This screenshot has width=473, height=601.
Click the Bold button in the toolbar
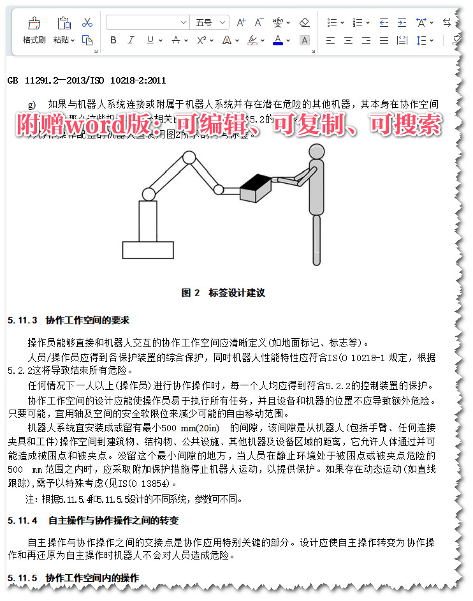[x=113, y=40]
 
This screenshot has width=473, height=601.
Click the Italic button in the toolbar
[x=131, y=40]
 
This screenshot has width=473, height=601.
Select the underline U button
[x=150, y=40]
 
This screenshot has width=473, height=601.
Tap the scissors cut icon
[x=87, y=22]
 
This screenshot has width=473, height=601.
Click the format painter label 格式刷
[x=34, y=40]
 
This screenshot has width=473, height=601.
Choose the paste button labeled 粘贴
[x=61, y=40]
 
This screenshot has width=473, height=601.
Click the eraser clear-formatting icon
[x=304, y=22]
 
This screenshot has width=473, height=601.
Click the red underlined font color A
[x=277, y=40]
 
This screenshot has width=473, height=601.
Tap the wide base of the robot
[x=148, y=248]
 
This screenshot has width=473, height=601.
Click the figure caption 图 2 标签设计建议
[x=223, y=293]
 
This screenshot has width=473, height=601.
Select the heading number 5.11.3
[x=22, y=320]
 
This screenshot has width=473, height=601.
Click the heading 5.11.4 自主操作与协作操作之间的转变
[x=93, y=521]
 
